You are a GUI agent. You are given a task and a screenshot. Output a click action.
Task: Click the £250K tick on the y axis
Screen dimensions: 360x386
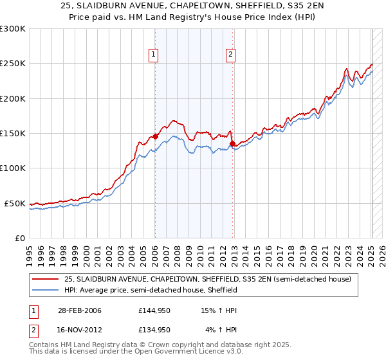13,64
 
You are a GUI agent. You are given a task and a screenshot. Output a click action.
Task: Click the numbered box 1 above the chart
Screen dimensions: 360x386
154,55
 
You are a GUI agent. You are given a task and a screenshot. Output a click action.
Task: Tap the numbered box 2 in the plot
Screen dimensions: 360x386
230,55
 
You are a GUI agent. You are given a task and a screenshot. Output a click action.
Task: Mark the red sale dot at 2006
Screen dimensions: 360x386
155,137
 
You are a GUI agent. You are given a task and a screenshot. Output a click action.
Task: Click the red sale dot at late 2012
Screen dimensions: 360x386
233,144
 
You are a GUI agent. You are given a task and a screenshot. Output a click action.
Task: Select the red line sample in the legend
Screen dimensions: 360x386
46,280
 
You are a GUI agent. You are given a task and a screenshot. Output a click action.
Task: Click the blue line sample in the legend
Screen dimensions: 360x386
46,290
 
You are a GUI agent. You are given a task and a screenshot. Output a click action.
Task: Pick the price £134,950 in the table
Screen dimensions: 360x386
154,330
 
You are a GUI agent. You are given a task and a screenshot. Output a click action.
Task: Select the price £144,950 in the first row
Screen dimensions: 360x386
154,310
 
